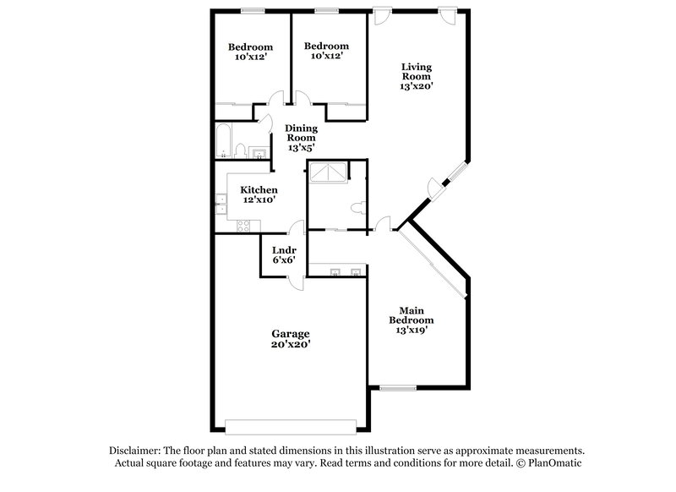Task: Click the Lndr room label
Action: point(283,250)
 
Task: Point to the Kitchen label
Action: point(259,190)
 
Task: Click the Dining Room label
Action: point(301,133)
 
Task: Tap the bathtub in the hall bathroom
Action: point(224,141)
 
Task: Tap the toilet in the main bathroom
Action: point(357,205)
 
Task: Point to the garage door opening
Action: point(290,424)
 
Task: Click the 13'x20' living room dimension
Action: point(417,85)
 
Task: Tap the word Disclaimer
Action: point(136,451)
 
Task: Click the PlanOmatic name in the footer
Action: point(555,464)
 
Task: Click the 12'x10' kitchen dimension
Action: point(259,200)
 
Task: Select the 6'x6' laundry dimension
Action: point(283,260)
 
